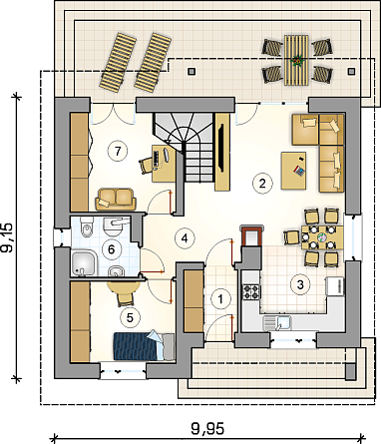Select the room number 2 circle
click(262, 183)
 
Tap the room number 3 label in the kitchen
click(300, 284)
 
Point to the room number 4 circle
click(185, 238)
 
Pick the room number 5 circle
click(130, 317)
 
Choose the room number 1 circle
click(220, 299)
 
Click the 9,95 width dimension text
click(207, 429)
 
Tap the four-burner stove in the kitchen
click(250, 292)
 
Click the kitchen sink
click(277, 323)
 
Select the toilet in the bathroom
click(86, 227)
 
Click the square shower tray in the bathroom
click(84, 263)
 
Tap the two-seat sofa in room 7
click(116, 199)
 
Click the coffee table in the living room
click(293, 171)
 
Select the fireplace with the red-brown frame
click(252, 235)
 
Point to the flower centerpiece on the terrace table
click(296, 61)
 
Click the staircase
click(184, 147)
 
